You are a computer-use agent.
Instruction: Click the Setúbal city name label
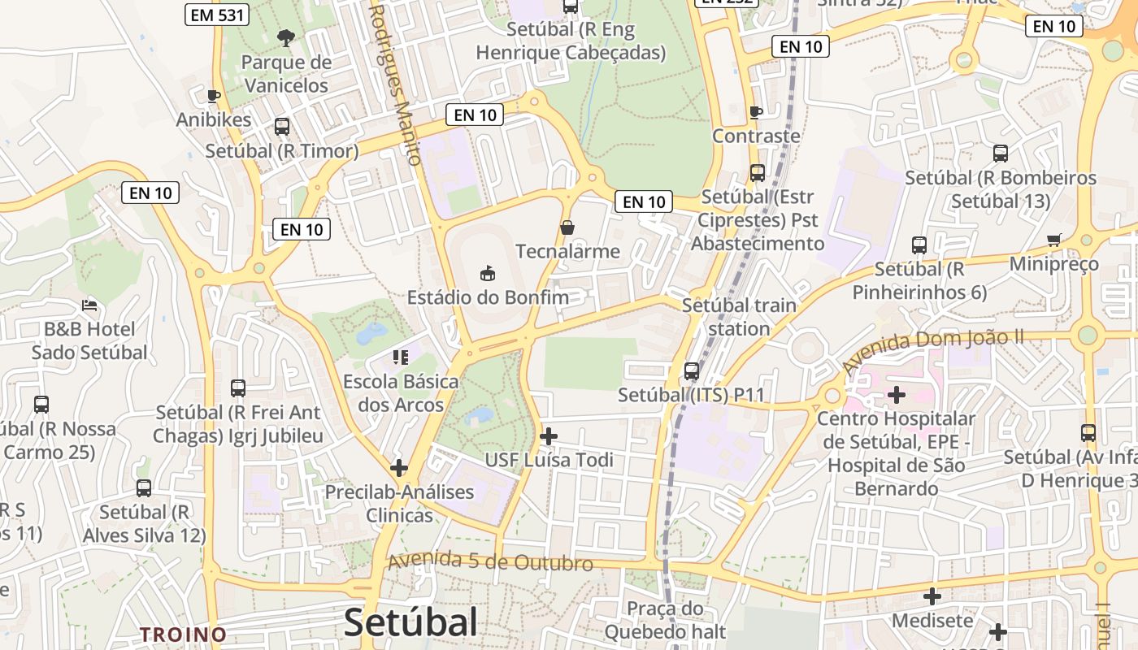point(410,623)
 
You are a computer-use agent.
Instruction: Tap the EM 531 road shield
point(216,14)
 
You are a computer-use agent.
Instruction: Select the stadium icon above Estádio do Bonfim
point(488,273)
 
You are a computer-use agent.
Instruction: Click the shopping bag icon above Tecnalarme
point(567,227)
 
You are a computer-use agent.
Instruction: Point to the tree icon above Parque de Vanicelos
point(285,37)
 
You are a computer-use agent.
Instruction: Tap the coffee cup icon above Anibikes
point(214,96)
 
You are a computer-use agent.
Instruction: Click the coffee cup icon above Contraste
point(756,112)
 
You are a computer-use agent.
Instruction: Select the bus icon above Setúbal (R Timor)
point(282,127)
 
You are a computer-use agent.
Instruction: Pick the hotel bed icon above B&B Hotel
point(89,305)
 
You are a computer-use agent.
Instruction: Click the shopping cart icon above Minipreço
point(1054,240)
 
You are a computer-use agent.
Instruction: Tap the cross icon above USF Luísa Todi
point(549,436)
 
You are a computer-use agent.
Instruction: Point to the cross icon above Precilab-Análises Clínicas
point(399,468)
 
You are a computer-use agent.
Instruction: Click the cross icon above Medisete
point(932,597)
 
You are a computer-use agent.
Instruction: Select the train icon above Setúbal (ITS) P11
point(692,371)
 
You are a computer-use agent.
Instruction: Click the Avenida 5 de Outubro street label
point(490,562)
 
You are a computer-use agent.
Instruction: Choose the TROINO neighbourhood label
point(183,634)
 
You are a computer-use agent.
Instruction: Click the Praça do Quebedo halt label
point(665,620)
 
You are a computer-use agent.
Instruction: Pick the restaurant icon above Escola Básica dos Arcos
point(399,357)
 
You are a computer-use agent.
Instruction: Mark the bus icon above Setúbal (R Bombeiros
point(1001,154)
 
